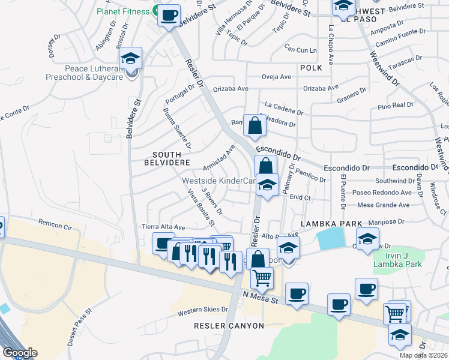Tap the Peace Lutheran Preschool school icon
coord(130,59)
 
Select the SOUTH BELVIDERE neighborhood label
coord(167,158)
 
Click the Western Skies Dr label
coord(203,310)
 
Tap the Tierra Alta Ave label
coord(163,227)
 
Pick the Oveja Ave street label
coord(276,77)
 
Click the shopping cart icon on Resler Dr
coord(262,278)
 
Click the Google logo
coord(20,353)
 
